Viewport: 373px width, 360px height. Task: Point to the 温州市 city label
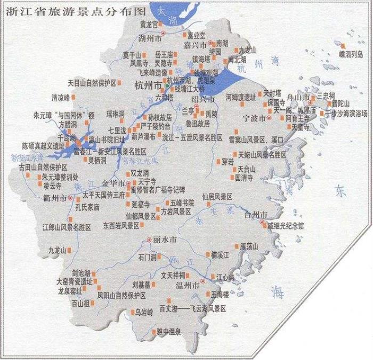tap(189, 286)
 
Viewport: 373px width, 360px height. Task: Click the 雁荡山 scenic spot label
tap(248, 246)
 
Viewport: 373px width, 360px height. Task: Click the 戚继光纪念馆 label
tap(286, 226)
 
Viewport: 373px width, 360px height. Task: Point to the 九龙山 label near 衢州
tap(57, 250)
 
